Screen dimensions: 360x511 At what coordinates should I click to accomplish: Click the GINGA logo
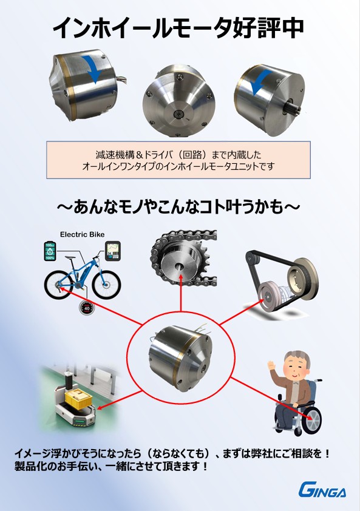(x=322, y=490)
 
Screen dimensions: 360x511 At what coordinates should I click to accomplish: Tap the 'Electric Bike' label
(x=82, y=234)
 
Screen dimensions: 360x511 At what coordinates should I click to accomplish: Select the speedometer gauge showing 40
(x=87, y=308)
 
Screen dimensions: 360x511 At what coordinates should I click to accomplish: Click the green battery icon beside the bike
(x=50, y=251)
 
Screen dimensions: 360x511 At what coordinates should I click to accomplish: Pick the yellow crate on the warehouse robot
(x=77, y=398)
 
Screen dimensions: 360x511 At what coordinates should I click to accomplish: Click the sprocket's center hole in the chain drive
(x=178, y=266)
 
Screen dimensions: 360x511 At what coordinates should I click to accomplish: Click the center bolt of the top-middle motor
(x=179, y=113)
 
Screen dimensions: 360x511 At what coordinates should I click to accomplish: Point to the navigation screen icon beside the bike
(x=113, y=251)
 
